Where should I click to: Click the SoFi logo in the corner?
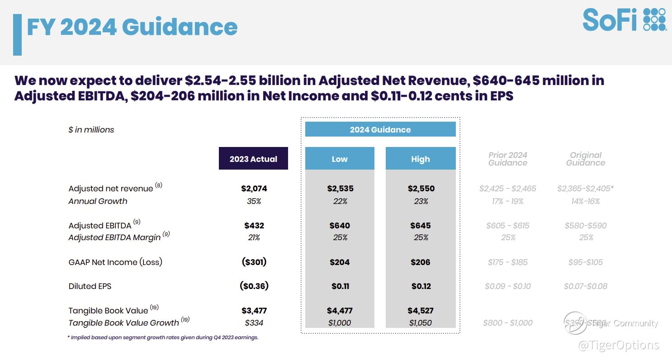[x=625, y=20]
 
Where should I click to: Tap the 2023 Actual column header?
[x=253, y=159]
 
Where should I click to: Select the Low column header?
[x=340, y=159]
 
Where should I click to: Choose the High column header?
[x=421, y=159]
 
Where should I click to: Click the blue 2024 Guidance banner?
[x=380, y=129]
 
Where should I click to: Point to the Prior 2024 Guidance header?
[x=508, y=159]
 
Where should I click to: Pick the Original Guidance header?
[x=586, y=159]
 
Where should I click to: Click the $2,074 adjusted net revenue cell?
[x=254, y=189]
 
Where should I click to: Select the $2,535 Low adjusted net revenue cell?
[x=340, y=189]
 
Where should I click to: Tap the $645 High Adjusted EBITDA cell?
[x=421, y=225]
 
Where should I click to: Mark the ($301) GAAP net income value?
[x=254, y=262]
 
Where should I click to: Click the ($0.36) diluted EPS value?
[x=254, y=286]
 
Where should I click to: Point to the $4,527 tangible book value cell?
[x=421, y=311]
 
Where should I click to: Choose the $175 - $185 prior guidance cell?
[x=508, y=262]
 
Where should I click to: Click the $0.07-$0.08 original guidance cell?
[x=586, y=286]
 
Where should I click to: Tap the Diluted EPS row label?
[x=90, y=286]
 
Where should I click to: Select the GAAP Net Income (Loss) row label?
[x=115, y=262]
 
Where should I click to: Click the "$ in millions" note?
[x=91, y=130]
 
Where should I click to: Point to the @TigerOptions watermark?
[x=618, y=345]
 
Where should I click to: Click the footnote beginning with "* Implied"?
[x=163, y=337]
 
